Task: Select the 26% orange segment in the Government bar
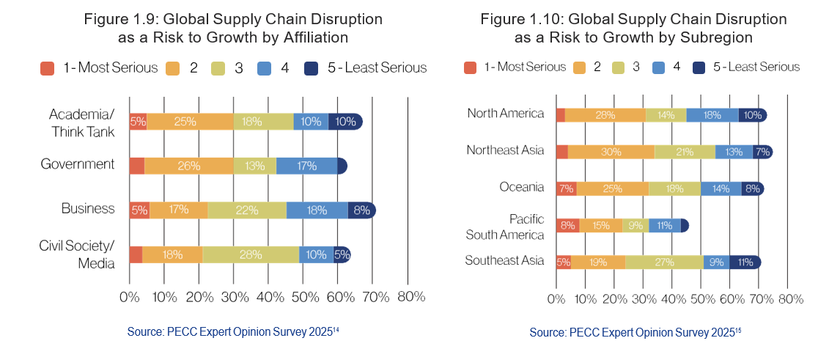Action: [188, 166]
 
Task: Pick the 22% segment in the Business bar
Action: [246, 210]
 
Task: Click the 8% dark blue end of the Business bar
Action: [361, 210]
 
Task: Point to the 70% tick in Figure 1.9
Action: [375, 297]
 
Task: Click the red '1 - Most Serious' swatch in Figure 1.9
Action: [48, 68]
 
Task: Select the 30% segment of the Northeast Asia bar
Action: [611, 152]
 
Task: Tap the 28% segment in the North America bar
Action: [605, 114]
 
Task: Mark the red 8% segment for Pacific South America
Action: [568, 226]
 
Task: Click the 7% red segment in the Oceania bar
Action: [567, 188]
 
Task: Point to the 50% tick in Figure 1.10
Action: [701, 299]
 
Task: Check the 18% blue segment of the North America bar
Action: [712, 114]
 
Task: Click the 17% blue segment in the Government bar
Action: [306, 166]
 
